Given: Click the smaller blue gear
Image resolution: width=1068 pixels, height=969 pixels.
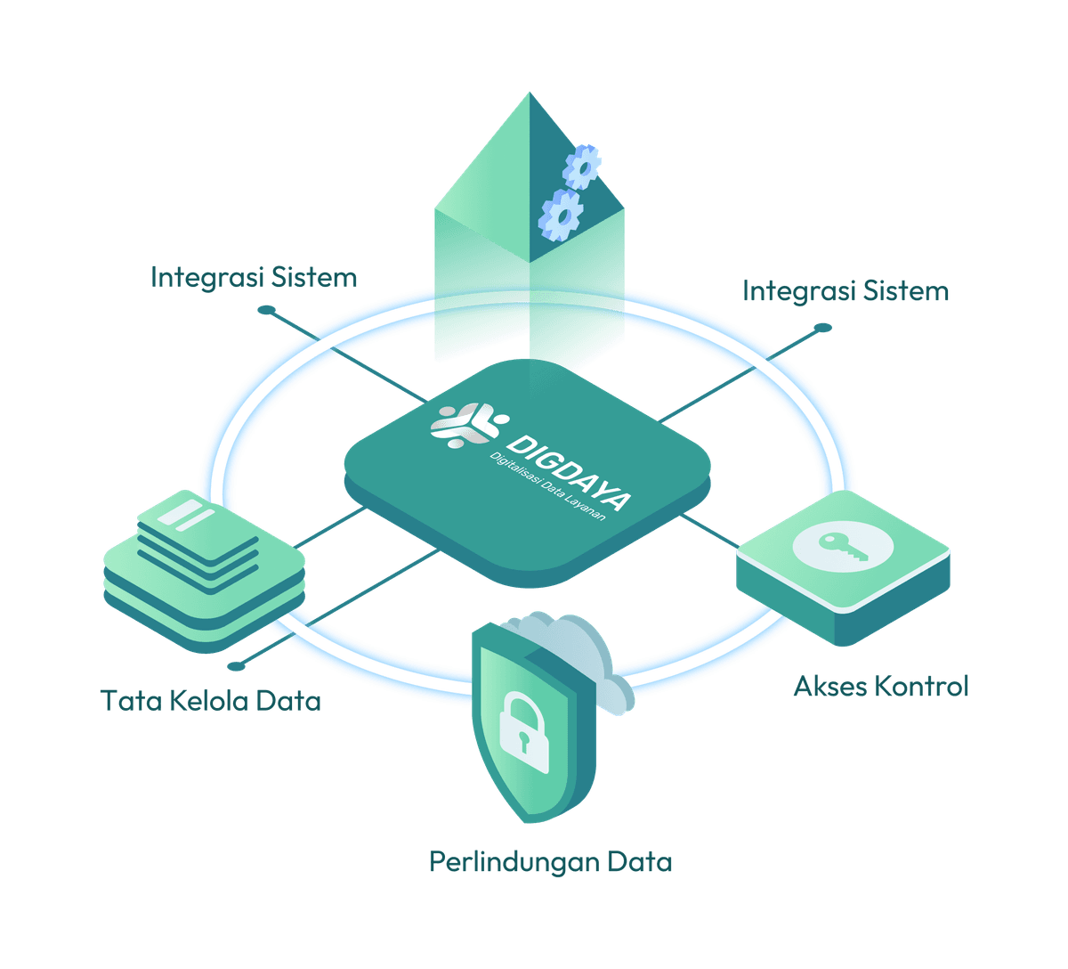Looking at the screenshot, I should click(583, 167).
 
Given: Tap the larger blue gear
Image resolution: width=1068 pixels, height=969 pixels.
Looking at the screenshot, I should click(561, 214).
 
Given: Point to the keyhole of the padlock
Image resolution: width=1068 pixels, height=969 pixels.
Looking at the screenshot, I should click(525, 737).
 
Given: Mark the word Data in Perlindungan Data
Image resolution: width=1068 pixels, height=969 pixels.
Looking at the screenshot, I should click(640, 862).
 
